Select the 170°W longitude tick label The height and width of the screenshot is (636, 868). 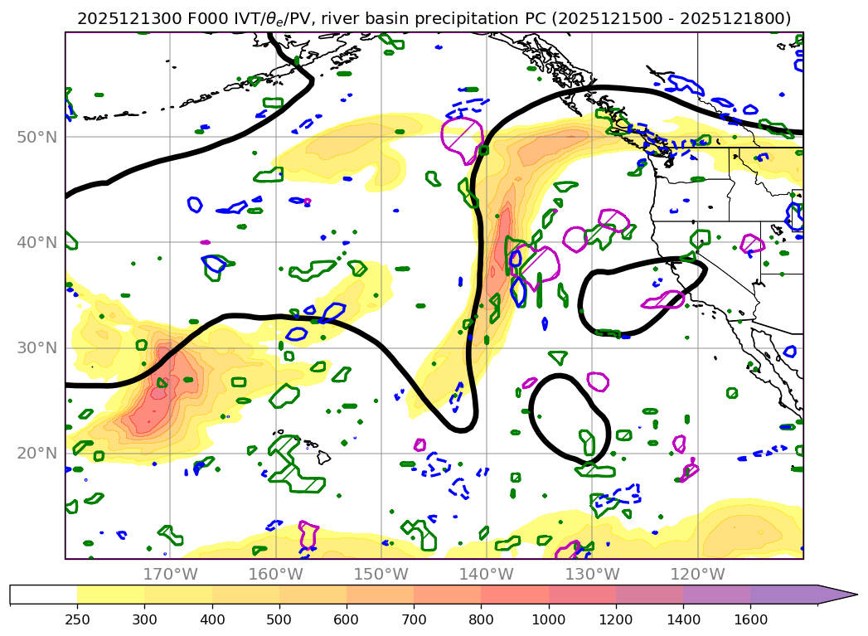(170, 574)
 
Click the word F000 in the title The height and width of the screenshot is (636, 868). (179, 18)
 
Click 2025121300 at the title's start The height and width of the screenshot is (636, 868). (118, 18)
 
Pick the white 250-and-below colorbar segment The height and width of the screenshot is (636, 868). (43, 595)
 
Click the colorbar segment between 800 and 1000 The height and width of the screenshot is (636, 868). (515, 595)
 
